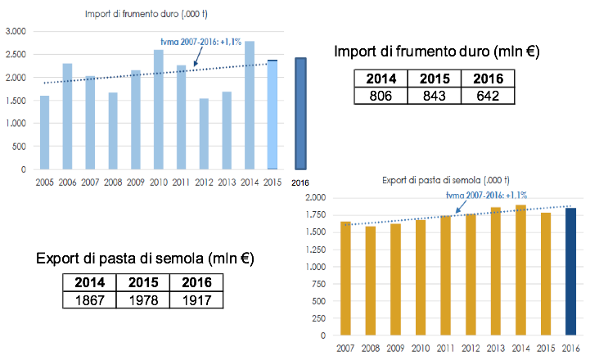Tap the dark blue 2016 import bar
click(x=300, y=114)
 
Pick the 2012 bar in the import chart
click(x=205, y=134)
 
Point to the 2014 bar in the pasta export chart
click(x=520, y=270)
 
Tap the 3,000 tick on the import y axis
click(x=16, y=31)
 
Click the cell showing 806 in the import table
click(x=381, y=96)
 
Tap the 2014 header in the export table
click(x=90, y=283)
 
